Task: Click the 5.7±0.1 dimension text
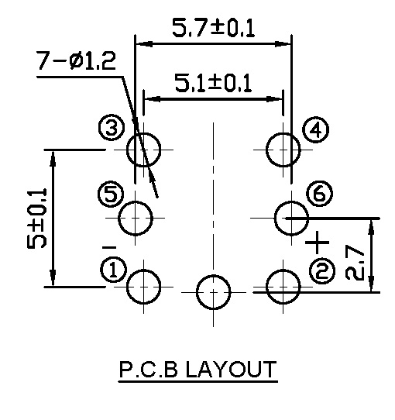[213, 28]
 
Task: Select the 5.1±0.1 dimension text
[213, 84]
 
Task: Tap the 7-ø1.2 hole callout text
[76, 60]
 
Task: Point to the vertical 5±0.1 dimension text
[37, 219]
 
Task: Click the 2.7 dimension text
[355, 263]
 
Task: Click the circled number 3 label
[112, 128]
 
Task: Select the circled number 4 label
[315, 130]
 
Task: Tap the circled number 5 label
[111, 194]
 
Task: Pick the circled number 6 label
[319, 194]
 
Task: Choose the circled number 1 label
[114, 270]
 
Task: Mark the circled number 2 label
[322, 271]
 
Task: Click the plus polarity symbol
[318, 243]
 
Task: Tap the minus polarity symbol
[109, 247]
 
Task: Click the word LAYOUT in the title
[231, 370]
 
